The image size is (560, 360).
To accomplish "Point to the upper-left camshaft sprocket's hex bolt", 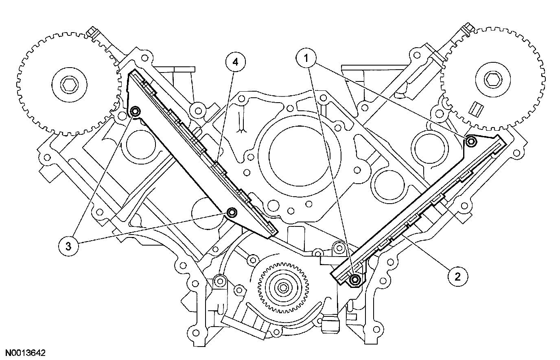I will tap(68, 85).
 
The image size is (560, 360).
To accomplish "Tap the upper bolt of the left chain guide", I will tap(136, 111).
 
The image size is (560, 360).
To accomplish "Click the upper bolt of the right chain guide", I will tap(471, 141).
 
